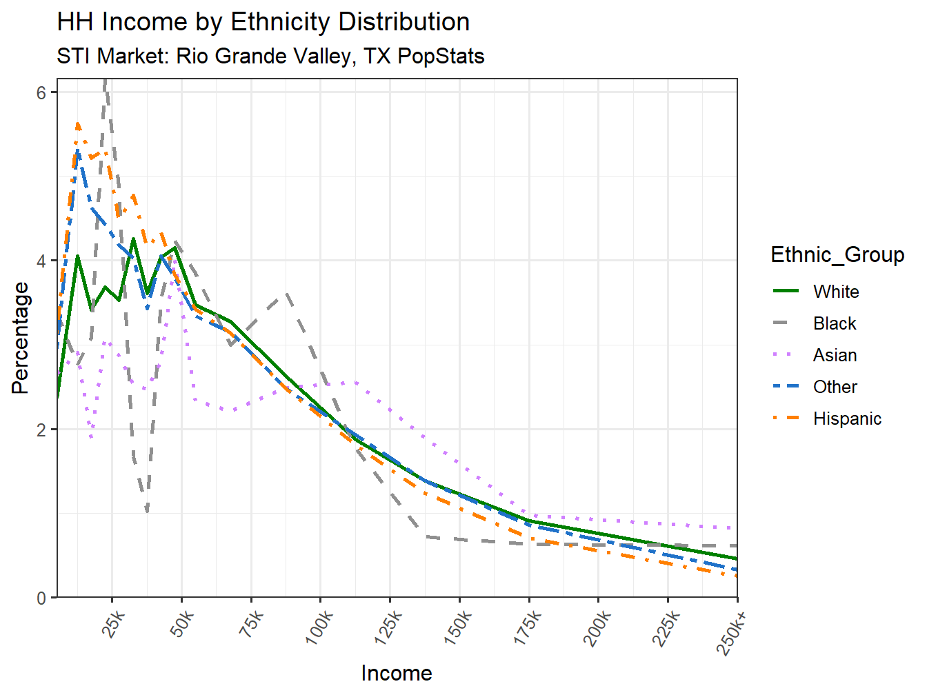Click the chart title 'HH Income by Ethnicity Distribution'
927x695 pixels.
tap(263, 22)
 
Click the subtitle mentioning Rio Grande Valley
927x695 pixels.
tap(270, 56)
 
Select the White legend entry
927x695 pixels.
tap(835, 292)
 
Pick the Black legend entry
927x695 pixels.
tap(834, 323)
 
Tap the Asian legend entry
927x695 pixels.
tap(835, 355)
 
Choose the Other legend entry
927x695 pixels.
tap(835, 387)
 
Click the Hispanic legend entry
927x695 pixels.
tap(846, 419)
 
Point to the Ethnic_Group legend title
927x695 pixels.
tap(837, 255)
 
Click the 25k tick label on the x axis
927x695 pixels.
tap(114, 626)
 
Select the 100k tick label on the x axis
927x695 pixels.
tap(320, 629)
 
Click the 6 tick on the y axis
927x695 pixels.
tap(41, 93)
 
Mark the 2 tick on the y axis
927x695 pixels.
tap(41, 430)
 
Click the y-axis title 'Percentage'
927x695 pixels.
tap(21, 338)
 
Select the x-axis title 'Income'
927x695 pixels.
tap(397, 673)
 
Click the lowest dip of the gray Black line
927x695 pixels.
tap(147, 511)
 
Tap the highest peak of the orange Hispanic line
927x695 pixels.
tap(78, 124)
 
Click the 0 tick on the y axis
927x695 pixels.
tap(41, 598)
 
